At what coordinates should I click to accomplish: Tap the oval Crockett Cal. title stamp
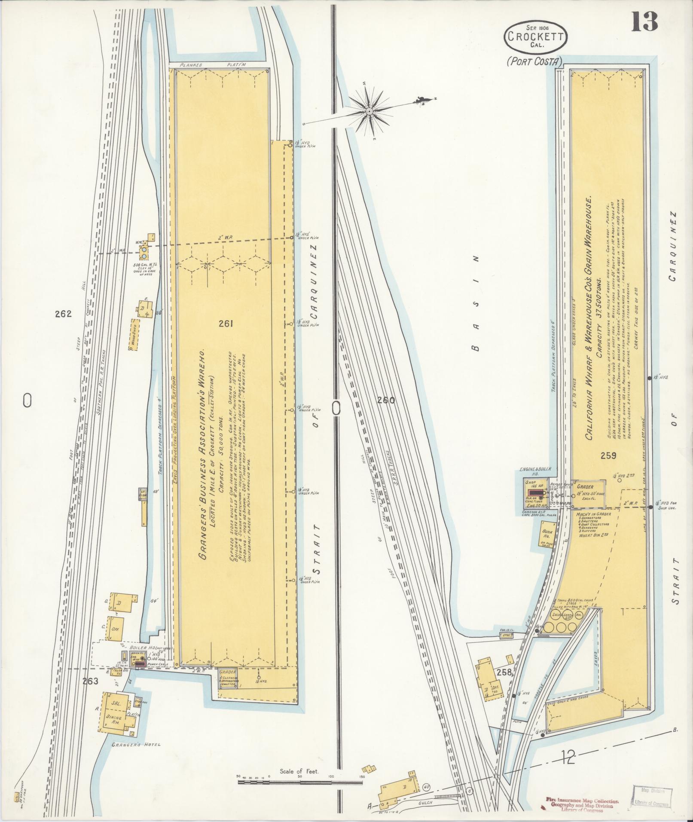coord(535,37)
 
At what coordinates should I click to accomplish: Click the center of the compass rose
coord(369,112)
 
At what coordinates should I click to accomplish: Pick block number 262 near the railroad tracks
coord(63,314)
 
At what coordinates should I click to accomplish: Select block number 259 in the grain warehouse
coord(609,456)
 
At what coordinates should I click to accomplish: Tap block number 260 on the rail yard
coord(386,400)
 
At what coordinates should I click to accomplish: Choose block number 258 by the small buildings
coord(503,672)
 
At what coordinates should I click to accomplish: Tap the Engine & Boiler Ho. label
coord(535,471)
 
